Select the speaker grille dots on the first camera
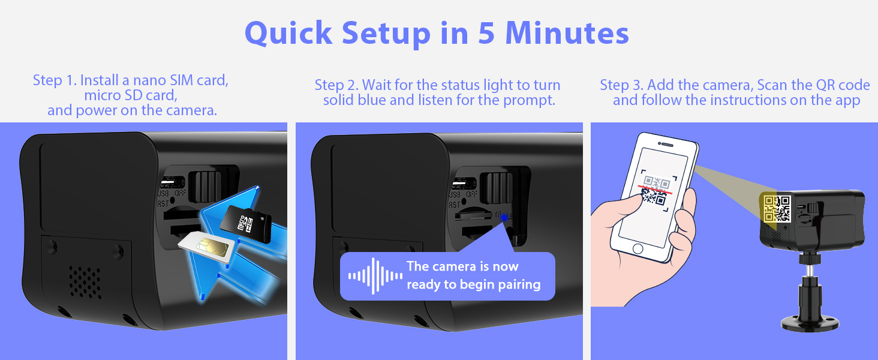tap(85, 283)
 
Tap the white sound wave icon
tap(375, 276)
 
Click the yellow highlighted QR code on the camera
tap(777, 208)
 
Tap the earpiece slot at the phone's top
tap(667, 145)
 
